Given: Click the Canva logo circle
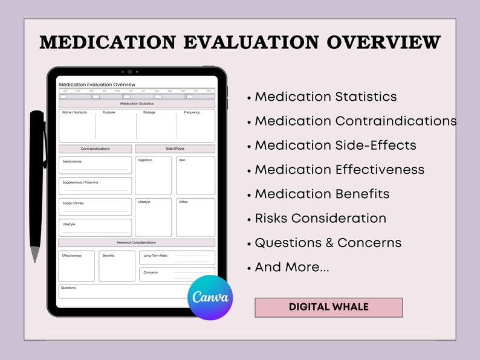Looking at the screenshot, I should click(x=210, y=297).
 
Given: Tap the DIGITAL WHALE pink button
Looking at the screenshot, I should click(x=328, y=307).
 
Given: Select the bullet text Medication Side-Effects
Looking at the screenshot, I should click(x=336, y=145).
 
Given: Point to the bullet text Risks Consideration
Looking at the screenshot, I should click(x=320, y=218).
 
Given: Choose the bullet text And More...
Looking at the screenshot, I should click(x=292, y=267).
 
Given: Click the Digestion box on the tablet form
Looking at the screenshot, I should click(x=153, y=176).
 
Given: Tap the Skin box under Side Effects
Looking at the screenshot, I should click(x=195, y=176).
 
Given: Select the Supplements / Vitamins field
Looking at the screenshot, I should click(x=95, y=185).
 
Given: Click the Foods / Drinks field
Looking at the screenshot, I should click(x=95, y=207).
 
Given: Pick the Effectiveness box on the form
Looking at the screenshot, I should click(x=76, y=266).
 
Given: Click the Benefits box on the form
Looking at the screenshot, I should click(x=117, y=266).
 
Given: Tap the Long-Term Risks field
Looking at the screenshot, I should click(x=177, y=257).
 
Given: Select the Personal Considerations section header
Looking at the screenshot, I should click(x=137, y=242).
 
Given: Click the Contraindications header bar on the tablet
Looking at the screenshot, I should click(x=95, y=149).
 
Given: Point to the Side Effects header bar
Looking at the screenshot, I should click(x=175, y=149).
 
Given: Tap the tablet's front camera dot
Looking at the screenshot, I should click(x=129, y=72).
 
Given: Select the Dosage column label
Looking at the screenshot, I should click(x=149, y=112).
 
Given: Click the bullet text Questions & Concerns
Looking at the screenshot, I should click(x=328, y=243).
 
